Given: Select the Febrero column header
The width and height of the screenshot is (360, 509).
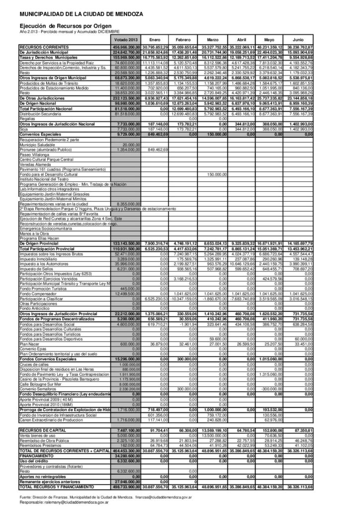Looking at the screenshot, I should pos(183,39).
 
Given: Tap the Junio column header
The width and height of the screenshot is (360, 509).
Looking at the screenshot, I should pos(298,39).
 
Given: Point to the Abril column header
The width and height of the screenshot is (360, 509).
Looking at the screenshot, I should pos(242,39).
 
